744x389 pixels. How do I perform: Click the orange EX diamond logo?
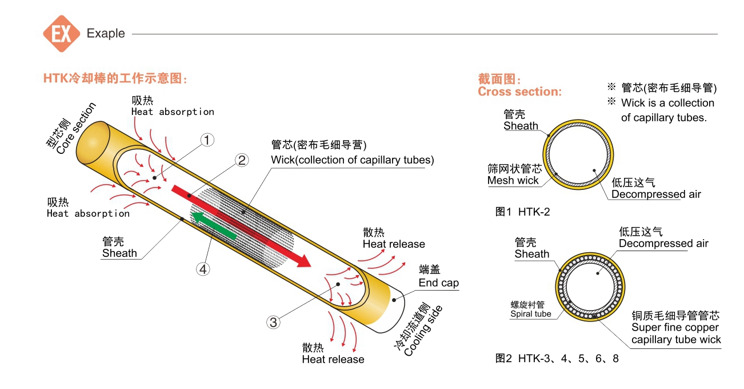pyautogui.click(x=61, y=34)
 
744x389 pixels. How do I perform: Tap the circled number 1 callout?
pyautogui.click(x=207, y=139)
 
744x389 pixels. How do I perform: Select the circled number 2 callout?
pyautogui.click(x=242, y=160)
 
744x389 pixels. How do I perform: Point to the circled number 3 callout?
pyautogui.click(x=274, y=323)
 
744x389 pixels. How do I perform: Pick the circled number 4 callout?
pyautogui.click(x=203, y=268)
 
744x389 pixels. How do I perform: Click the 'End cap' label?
pyautogui.click(x=438, y=283)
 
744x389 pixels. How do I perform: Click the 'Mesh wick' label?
pyautogui.click(x=513, y=181)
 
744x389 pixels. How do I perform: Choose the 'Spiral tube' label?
pyautogui.click(x=531, y=313)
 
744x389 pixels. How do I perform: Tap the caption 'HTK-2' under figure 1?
pyautogui.click(x=534, y=212)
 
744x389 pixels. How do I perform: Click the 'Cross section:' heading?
pyautogui.click(x=519, y=92)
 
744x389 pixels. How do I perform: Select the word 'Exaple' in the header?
pyautogui.click(x=106, y=33)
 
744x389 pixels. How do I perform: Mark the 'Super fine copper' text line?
pyautogui.click(x=675, y=328)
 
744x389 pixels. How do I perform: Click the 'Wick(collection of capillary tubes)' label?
pyautogui.click(x=352, y=160)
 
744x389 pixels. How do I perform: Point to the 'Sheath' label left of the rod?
pyautogui.click(x=119, y=253)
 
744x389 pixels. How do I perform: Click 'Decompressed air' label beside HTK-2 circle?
pyautogui.click(x=656, y=194)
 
